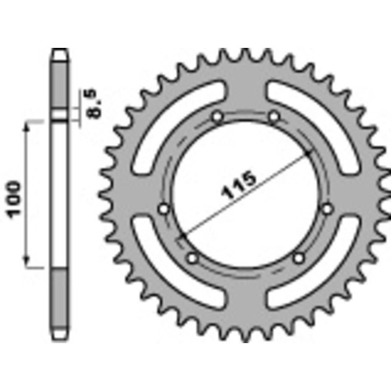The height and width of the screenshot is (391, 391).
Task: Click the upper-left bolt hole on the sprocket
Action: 217,117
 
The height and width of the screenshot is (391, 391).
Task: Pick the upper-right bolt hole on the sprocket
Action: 274,117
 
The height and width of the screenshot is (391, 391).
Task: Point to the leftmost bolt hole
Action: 164,209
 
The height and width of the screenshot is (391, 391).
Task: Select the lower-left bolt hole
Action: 192,257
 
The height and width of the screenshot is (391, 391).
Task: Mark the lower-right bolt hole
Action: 299,257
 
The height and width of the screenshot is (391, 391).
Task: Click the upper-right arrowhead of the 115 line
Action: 308,152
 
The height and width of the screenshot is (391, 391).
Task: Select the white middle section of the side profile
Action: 60,195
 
